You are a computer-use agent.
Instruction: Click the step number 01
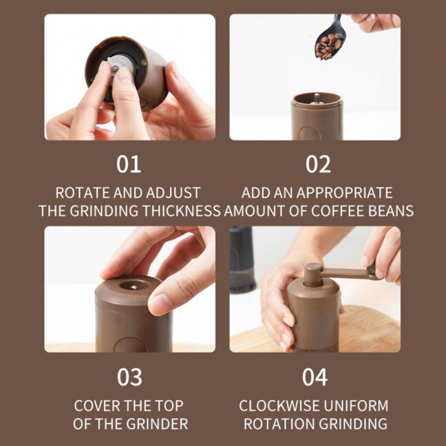click(x=129, y=164)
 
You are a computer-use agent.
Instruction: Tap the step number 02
click(x=318, y=164)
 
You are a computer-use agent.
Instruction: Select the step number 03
click(x=129, y=377)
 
